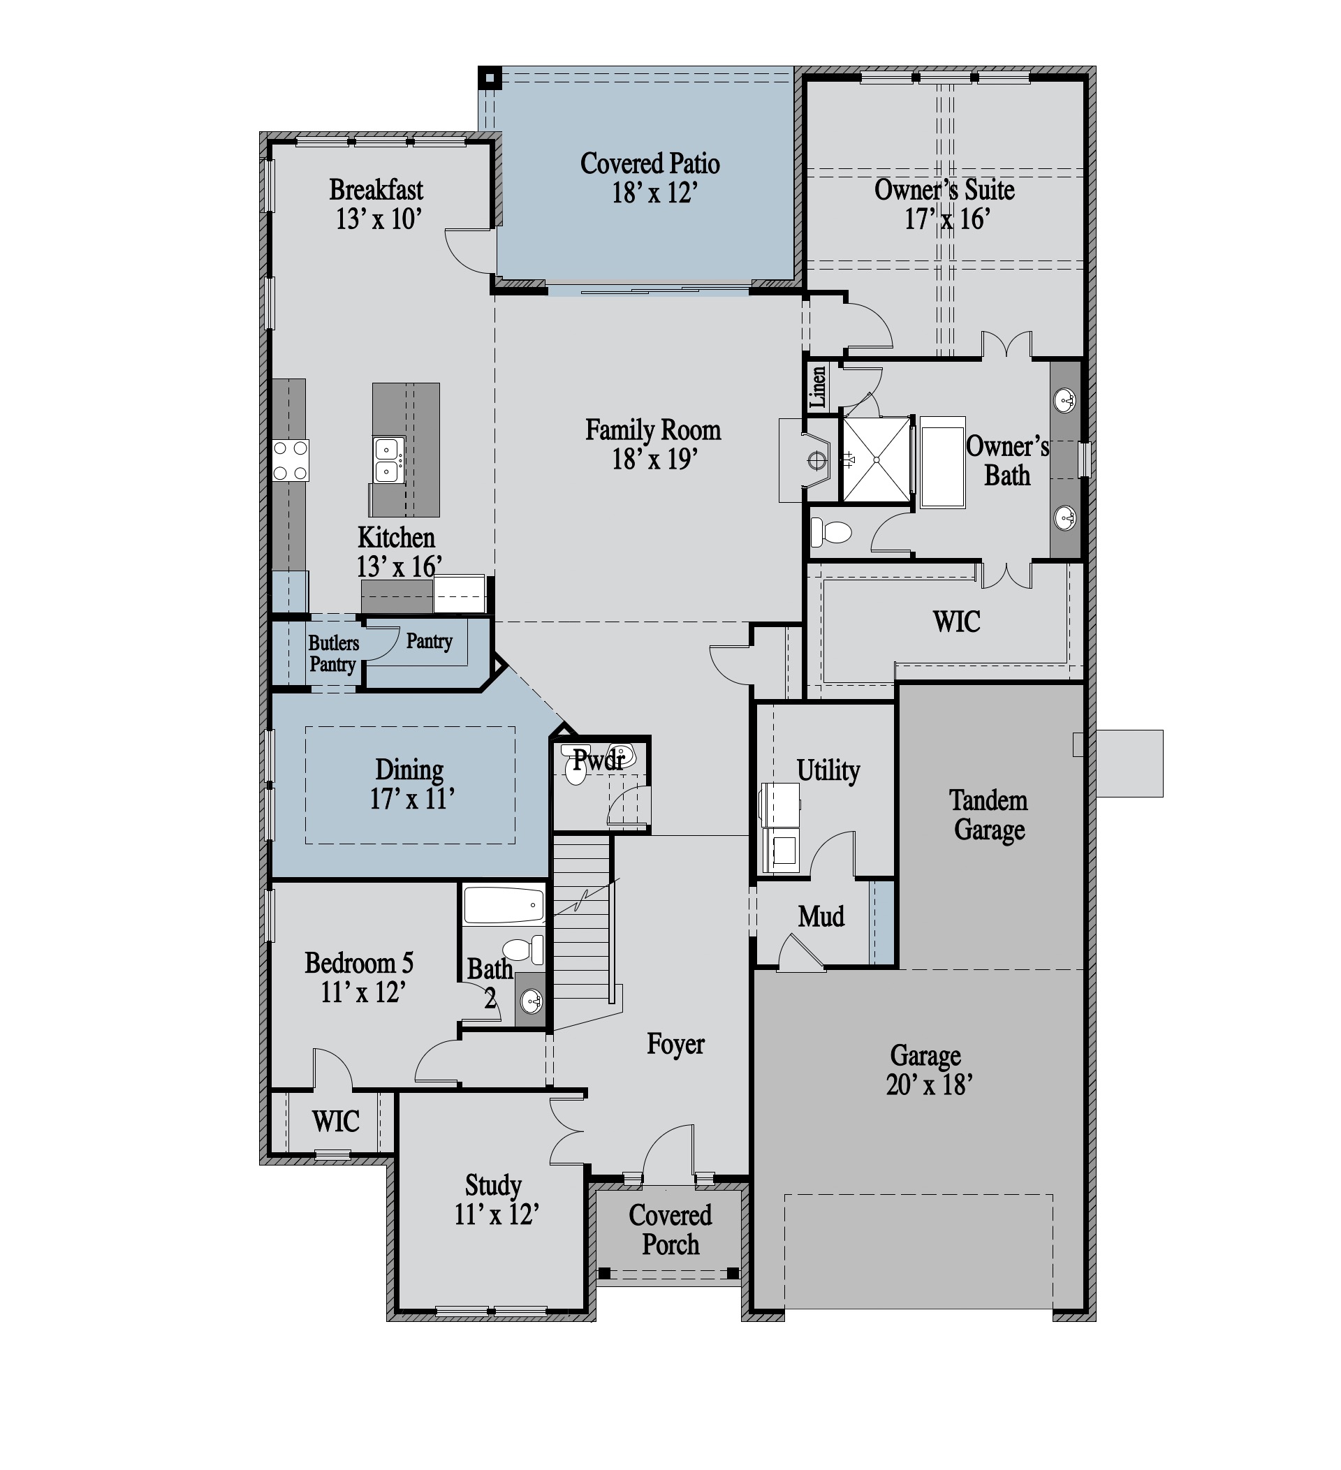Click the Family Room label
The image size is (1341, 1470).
(652, 430)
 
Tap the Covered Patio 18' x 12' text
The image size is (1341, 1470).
(650, 178)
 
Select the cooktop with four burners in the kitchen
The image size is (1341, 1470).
(291, 460)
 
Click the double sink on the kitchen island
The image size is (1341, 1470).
(388, 460)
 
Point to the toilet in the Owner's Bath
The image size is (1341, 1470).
(831, 532)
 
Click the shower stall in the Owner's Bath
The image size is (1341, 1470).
(876, 460)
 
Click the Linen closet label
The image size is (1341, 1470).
(817, 386)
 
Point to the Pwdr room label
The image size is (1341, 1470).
(599, 760)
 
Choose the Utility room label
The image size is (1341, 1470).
(828, 770)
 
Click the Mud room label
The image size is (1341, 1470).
(821, 916)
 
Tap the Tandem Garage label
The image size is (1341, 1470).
(989, 815)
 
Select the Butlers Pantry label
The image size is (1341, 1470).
(333, 654)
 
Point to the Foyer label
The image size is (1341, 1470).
(675, 1044)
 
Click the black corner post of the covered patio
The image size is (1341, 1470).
(490, 78)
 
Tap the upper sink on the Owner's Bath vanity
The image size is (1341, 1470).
(1064, 399)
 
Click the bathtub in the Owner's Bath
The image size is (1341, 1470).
(942, 462)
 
